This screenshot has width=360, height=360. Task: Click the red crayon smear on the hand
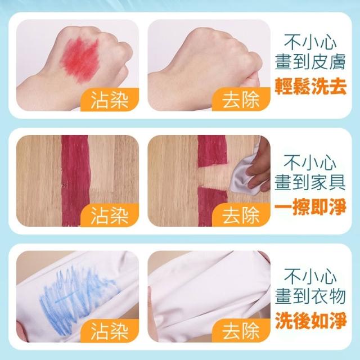pyautogui.click(x=80, y=59)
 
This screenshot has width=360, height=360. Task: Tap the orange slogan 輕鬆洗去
pyautogui.click(x=310, y=87)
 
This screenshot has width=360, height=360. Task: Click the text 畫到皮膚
pyautogui.click(x=310, y=61)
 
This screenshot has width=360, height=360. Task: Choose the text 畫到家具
pyautogui.click(x=310, y=182)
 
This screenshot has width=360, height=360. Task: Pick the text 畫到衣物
pyautogui.click(x=310, y=296)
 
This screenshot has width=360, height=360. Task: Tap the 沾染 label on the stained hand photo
pyautogui.click(x=109, y=100)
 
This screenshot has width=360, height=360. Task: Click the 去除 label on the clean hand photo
pyautogui.click(x=241, y=100)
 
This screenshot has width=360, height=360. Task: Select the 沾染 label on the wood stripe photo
pyautogui.click(x=109, y=215)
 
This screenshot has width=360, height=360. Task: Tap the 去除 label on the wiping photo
pyautogui.click(x=241, y=215)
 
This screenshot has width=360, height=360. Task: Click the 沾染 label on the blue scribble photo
pyautogui.click(x=109, y=331)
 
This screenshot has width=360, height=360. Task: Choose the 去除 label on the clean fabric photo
pyautogui.click(x=241, y=331)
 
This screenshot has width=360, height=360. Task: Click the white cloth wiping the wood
pyautogui.click(x=244, y=177)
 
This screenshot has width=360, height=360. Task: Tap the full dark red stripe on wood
pyautogui.click(x=75, y=181)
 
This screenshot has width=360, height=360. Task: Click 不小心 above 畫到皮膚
pyautogui.click(x=310, y=42)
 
